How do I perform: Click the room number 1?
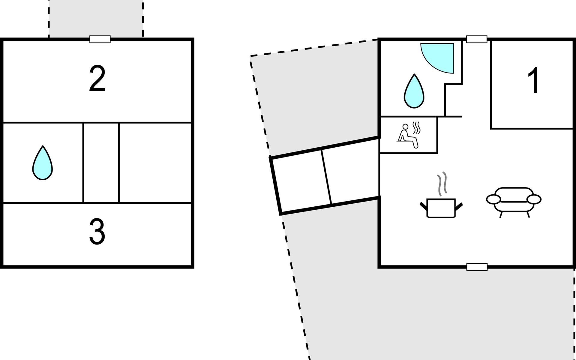(x=534, y=80)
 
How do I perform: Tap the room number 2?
(x=97, y=79)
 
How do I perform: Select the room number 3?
(x=97, y=232)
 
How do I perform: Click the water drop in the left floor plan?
(x=43, y=163)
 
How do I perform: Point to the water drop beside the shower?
(x=414, y=91)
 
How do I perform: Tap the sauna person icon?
(x=408, y=136)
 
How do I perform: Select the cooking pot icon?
(x=441, y=208)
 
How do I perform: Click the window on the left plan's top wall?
(x=100, y=39)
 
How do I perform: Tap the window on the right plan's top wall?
(x=476, y=39)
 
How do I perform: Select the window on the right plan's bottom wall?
(x=477, y=267)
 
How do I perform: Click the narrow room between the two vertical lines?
(x=101, y=163)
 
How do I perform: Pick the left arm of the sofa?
(x=493, y=199)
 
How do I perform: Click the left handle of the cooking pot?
(x=423, y=206)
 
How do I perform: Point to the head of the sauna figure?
(x=405, y=127)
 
